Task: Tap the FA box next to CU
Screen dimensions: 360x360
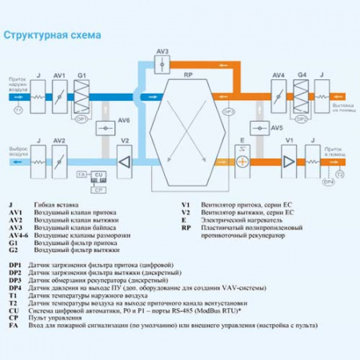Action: coord(81,174)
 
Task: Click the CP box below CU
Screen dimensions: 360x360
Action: coord(98,190)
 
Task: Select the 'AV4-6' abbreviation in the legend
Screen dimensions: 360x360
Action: coord(17,238)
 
